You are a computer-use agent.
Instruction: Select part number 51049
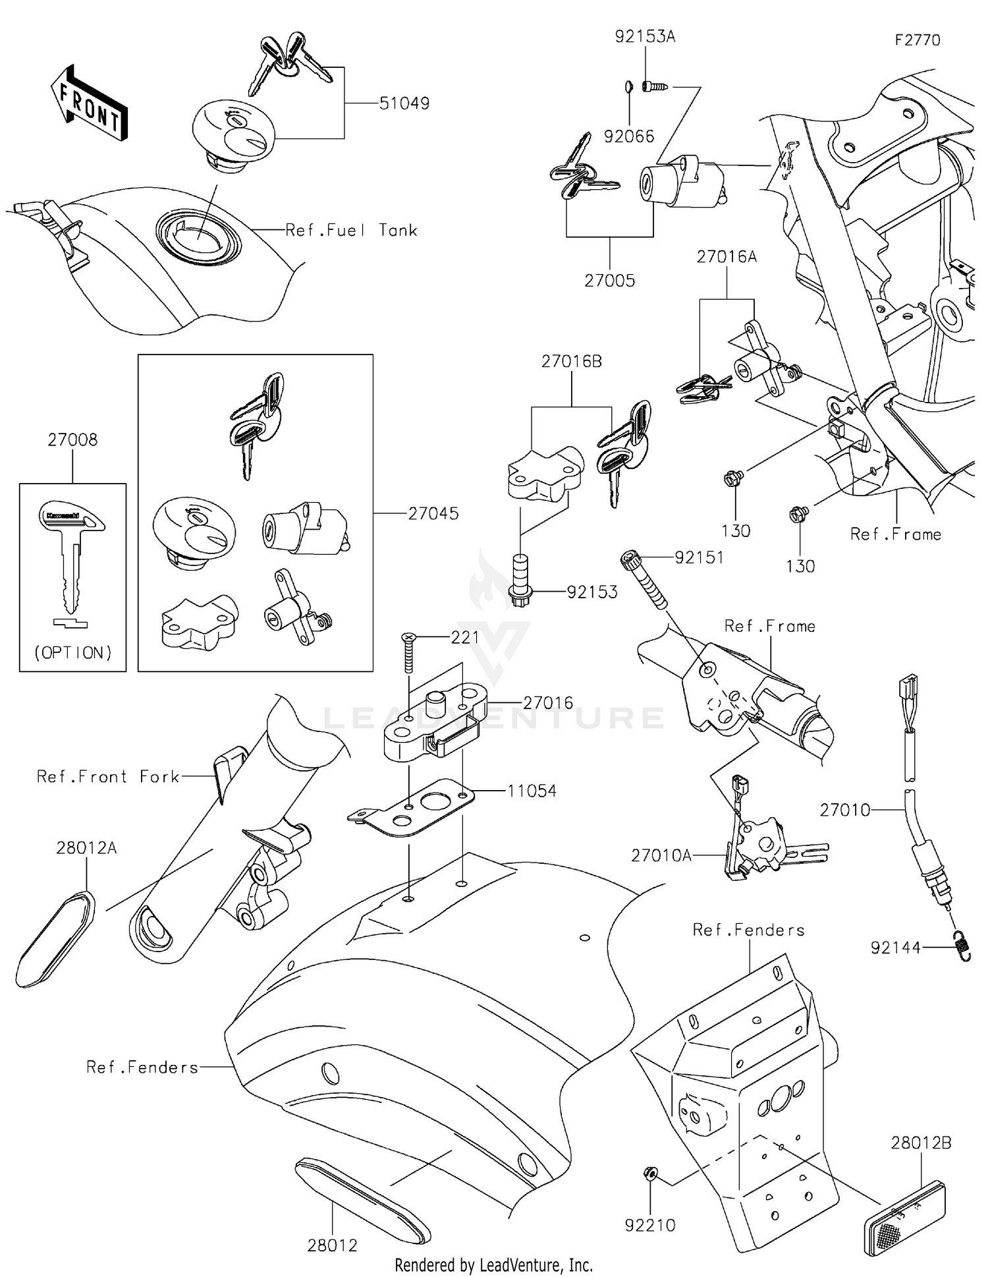click(x=404, y=103)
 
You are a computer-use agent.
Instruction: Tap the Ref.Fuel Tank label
click(x=351, y=230)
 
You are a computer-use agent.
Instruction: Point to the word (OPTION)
click(x=72, y=652)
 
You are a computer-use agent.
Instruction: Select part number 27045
click(x=433, y=513)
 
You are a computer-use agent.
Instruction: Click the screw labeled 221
click(x=408, y=652)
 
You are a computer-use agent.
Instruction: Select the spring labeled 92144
click(x=962, y=948)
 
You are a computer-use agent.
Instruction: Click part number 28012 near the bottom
click(x=332, y=1245)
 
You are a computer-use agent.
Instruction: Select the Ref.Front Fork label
click(x=108, y=777)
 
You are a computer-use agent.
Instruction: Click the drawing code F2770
click(x=917, y=40)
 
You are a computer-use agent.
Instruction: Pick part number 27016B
click(x=571, y=361)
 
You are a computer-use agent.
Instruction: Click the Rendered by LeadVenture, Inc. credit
click(x=493, y=1265)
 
